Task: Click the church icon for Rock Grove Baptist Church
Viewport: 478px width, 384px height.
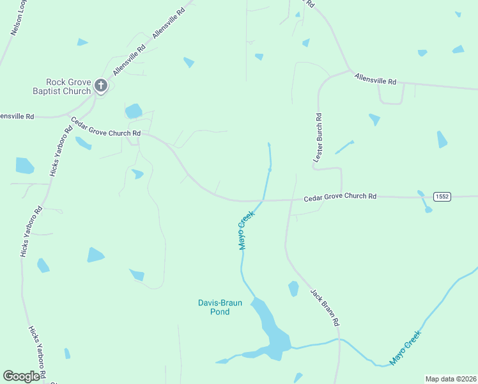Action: coord(100,85)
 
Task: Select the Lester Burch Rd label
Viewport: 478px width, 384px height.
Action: coord(318,135)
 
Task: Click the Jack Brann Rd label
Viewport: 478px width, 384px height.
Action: coord(325,307)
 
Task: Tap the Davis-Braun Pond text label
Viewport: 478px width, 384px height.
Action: coord(219,307)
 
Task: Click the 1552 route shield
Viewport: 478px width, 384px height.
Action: coord(442,195)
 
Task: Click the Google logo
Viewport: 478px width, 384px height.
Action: coord(22,376)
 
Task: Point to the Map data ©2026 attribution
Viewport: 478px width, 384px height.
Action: coord(451,378)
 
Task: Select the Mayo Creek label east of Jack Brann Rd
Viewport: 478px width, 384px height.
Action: coord(406,347)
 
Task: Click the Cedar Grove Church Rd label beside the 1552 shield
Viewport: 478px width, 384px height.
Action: coord(339,196)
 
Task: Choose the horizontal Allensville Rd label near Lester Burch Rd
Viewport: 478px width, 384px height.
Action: coord(376,78)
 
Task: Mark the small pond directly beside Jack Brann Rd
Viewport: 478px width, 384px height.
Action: coord(293,289)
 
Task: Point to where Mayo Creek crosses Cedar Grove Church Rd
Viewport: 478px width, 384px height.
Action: coord(263,200)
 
